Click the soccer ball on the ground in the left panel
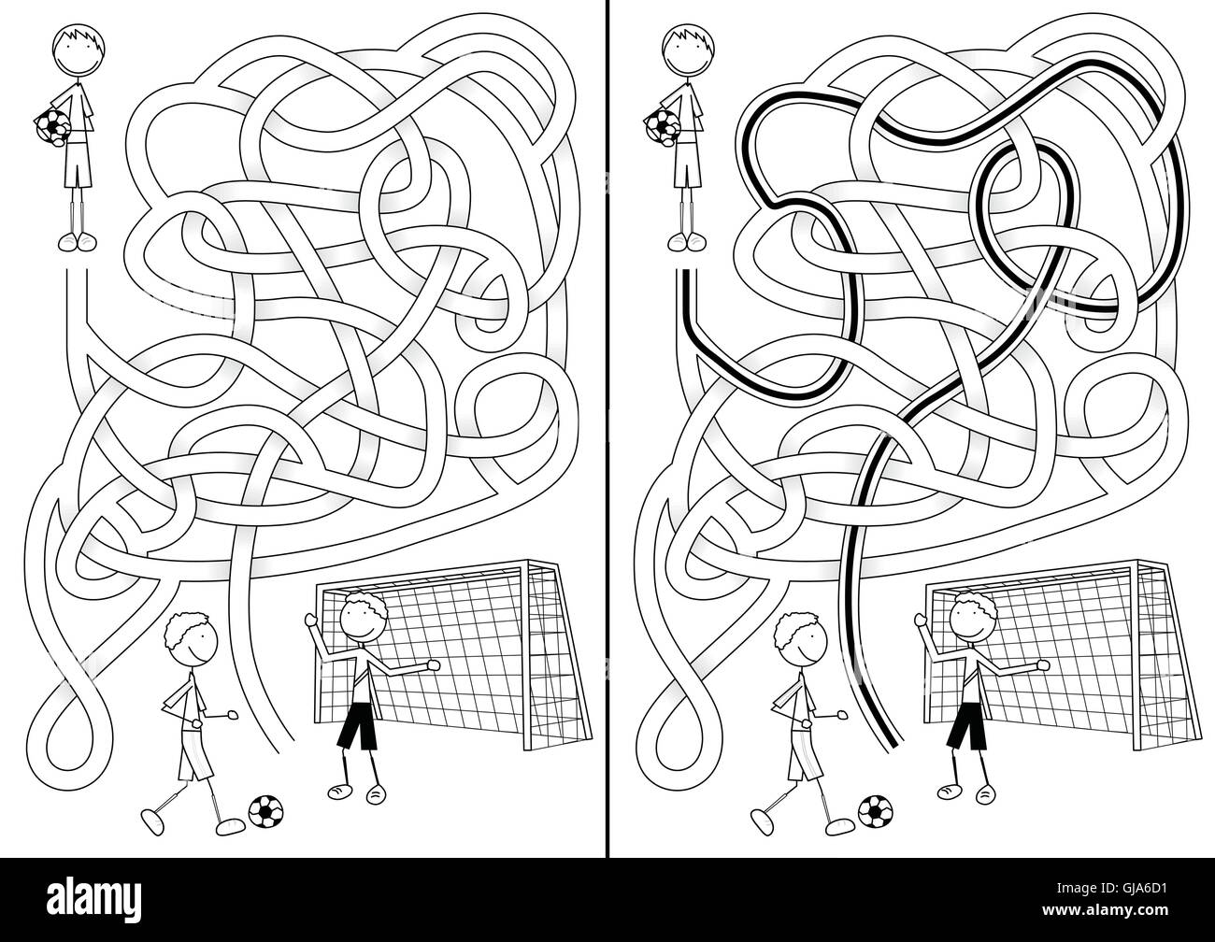[x=265, y=811]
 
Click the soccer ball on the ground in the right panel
[x=875, y=811]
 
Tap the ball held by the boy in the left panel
[x=52, y=126]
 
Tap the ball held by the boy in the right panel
[x=662, y=126]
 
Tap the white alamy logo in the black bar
[x=94, y=898]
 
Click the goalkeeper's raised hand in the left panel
[x=311, y=620]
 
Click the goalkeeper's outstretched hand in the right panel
[x=1043, y=664]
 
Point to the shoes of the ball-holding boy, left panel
[x=78, y=242]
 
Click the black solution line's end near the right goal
[x=893, y=745]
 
